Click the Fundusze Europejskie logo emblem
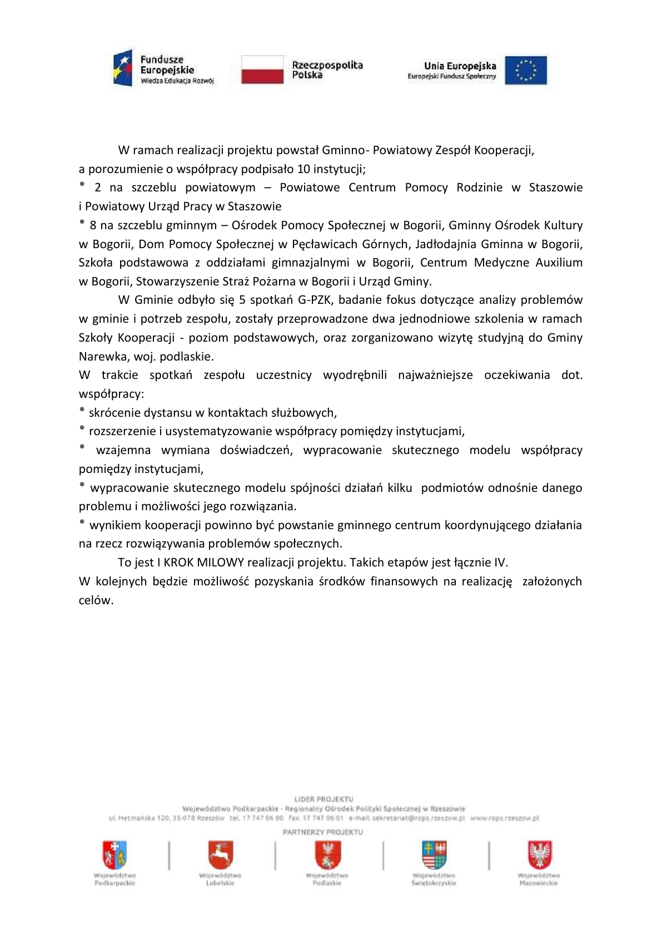123,68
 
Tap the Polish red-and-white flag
262,69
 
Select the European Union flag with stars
525,70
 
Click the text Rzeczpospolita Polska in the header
327,70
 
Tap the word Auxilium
559,262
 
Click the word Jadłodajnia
445,244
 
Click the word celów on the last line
95,600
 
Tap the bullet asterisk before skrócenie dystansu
82,411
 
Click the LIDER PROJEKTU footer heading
323,799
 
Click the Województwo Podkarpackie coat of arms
115,855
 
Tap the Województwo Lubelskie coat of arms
220,855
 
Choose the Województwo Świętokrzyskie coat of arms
434,855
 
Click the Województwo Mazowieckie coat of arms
539,855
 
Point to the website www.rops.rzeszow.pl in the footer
504,818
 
